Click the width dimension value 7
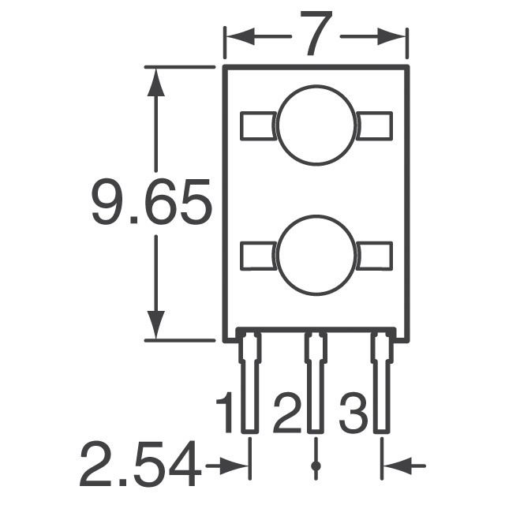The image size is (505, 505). (316, 36)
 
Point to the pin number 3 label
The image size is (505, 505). (353, 413)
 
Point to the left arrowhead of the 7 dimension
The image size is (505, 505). (238, 36)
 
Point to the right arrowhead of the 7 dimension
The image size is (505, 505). (395, 36)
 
